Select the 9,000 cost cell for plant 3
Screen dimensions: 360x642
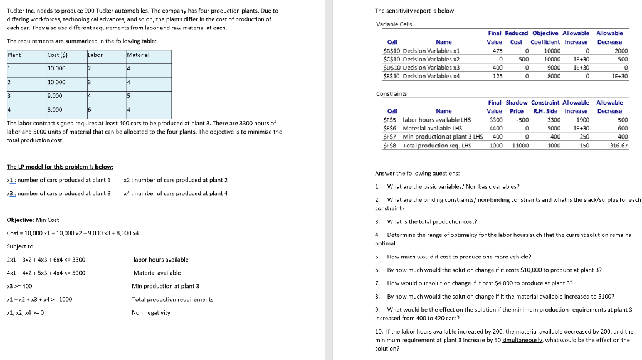[55, 95]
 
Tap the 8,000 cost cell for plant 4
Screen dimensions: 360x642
[55, 109]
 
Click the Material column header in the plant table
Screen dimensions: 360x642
[137, 55]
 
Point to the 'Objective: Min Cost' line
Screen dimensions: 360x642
[33, 220]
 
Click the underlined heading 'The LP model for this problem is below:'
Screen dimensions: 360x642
[60, 166]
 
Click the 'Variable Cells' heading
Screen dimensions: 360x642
[394, 24]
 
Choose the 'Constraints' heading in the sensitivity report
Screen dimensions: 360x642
[392, 93]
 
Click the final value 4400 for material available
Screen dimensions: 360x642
[495, 128]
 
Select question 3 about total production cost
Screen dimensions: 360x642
[431, 221]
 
